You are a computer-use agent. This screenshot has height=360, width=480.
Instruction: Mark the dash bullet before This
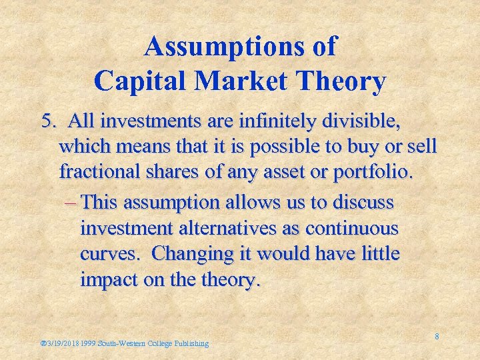73,202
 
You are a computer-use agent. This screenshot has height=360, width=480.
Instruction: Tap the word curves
107,255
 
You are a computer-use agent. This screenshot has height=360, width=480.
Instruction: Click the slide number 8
437,337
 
